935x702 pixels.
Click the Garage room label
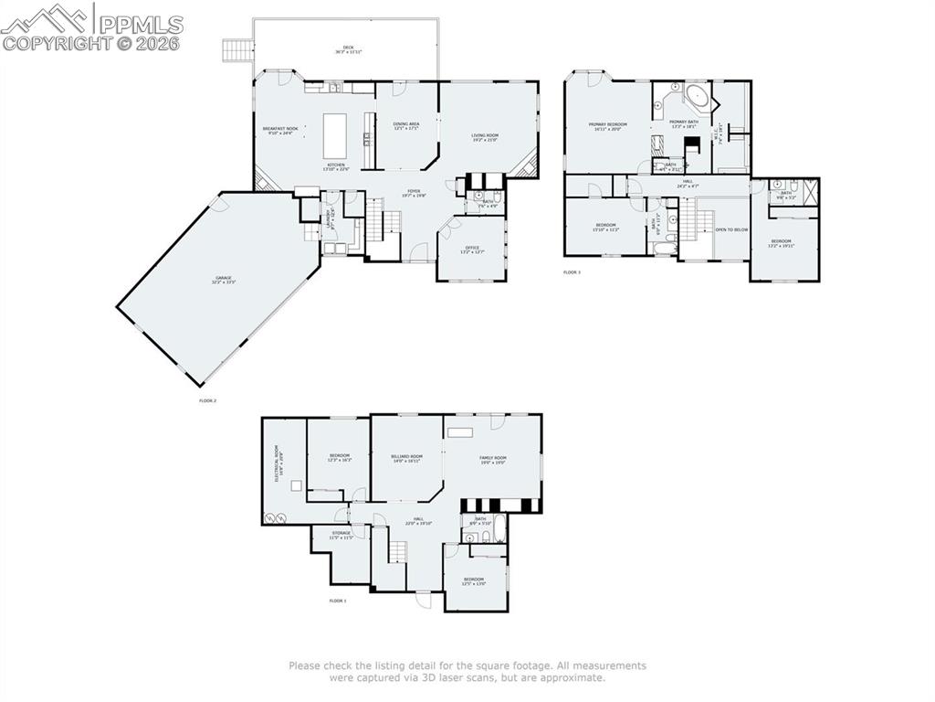pyautogui.click(x=224, y=280)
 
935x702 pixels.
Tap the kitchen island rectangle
pyautogui.click(x=337, y=135)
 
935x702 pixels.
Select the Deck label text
pyautogui.click(x=348, y=49)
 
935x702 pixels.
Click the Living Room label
pyautogui.click(x=485, y=137)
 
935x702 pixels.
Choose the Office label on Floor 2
pyautogui.click(x=472, y=249)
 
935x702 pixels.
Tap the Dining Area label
pyautogui.click(x=406, y=125)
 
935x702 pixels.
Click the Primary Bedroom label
pyautogui.click(x=607, y=126)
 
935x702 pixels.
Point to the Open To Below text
pyautogui.click(x=730, y=229)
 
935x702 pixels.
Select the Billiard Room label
pyautogui.click(x=406, y=458)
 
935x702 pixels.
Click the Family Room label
pyautogui.click(x=493, y=460)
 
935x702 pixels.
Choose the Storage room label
pyautogui.click(x=341, y=536)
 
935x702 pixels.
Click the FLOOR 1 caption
pyautogui.click(x=338, y=601)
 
